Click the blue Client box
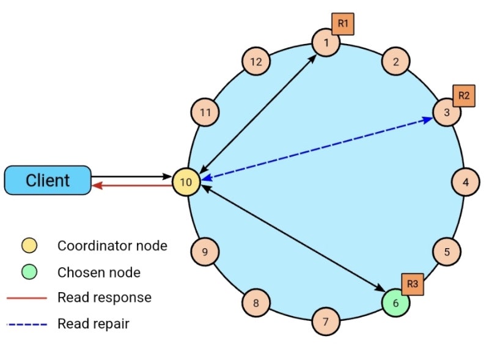[x=48, y=180]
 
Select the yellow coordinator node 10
[x=186, y=182]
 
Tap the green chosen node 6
[x=395, y=303]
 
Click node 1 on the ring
[x=326, y=43]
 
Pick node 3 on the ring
[x=447, y=112]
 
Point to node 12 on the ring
[x=256, y=61]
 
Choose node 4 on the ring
[x=466, y=182]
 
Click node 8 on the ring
[x=256, y=303]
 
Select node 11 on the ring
[x=205, y=112]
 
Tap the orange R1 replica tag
[x=343, y=24]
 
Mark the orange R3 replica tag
[x=413, y=284]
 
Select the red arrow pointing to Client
[x=131, y=187]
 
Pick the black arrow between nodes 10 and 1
[x=260, y=110]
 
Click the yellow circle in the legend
[x=28, y=246]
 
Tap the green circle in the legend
[x=28, y=272]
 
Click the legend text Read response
[x=104, y=298]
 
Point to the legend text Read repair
[x=94, y=324]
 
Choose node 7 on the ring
[x=326, y=321]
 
